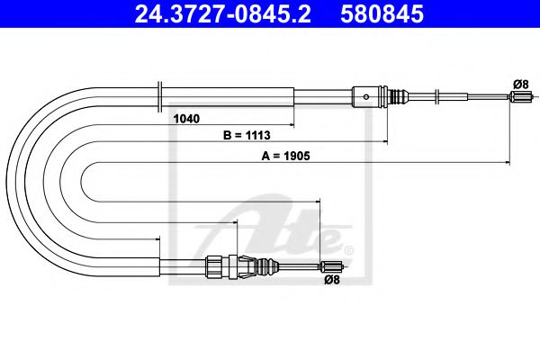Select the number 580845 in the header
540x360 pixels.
pos(382,14)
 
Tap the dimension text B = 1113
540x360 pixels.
pos(246,135)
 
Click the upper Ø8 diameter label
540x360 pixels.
pos(519,84)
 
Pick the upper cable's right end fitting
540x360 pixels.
pos(518,98)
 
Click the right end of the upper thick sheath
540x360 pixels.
pos(293,94)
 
